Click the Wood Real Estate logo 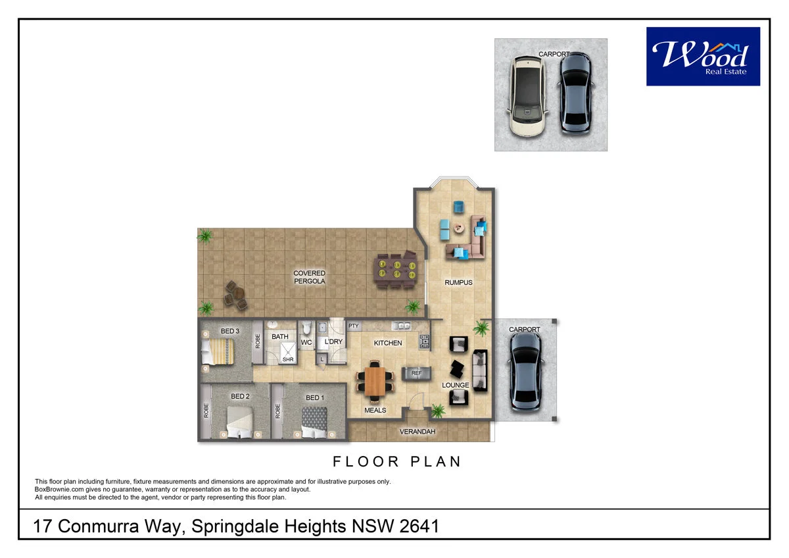pos(703,57)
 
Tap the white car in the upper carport pos(527,96)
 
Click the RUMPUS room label pos(458,282)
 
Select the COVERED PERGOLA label pos(309,277)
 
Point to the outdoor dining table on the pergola pos(396,270)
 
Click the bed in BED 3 pos(218,351)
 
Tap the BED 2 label pos(240,396)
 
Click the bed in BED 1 pos(314,422)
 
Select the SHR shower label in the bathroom pos(288,359)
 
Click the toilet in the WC pos(306,327)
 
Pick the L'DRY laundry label pos(333,342)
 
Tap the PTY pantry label pos(353,326)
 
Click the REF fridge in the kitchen pos(416,373)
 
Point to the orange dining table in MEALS pos(375,382)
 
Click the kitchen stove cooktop pos(425,342)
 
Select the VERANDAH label pos(418,432)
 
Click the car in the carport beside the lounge pos(525,372)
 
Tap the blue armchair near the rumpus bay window pos(458,207)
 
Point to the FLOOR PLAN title pos(397,461)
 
